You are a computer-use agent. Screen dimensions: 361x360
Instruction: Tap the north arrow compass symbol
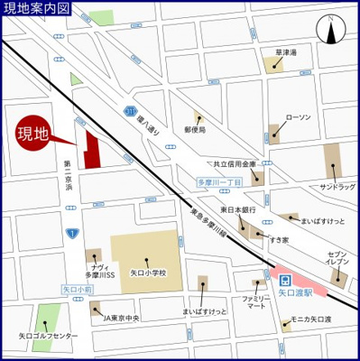331,32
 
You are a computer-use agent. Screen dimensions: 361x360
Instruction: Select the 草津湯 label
287,52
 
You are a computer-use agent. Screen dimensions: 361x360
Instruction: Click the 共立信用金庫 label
235,165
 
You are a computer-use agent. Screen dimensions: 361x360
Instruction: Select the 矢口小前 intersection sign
77,289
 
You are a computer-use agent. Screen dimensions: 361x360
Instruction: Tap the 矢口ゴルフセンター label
47,337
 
